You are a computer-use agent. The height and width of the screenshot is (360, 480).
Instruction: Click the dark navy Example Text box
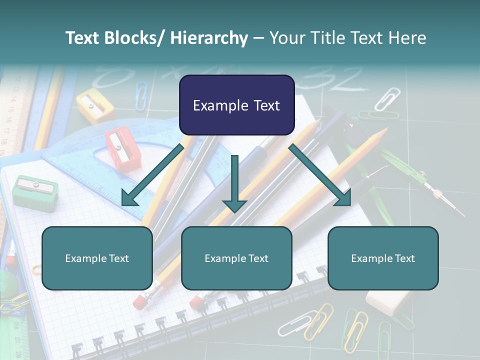click(x=236, y=105)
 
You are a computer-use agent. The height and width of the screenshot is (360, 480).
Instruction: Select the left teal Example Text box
click(x=97, y=258)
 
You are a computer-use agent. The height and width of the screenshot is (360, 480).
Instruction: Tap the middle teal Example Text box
click(x=236, y=258)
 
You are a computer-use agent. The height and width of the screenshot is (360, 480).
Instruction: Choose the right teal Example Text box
click(x=383, y=258)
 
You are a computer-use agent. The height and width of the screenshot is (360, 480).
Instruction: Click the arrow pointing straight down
click(x=234, y=185)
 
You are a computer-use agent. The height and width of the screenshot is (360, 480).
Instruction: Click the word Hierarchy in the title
click(x=209, y=38)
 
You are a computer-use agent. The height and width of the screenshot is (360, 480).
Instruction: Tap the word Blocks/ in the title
click(x=137, y=38)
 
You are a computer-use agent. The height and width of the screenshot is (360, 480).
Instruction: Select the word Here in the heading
click(x=407, y=38)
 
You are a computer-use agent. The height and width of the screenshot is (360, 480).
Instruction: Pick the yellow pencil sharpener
click(x=95, y=105)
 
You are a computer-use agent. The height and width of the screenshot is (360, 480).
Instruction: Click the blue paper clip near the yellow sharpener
click(x=141, y=95)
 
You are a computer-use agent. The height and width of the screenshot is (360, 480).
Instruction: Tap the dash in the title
click(x=258, y=38)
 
